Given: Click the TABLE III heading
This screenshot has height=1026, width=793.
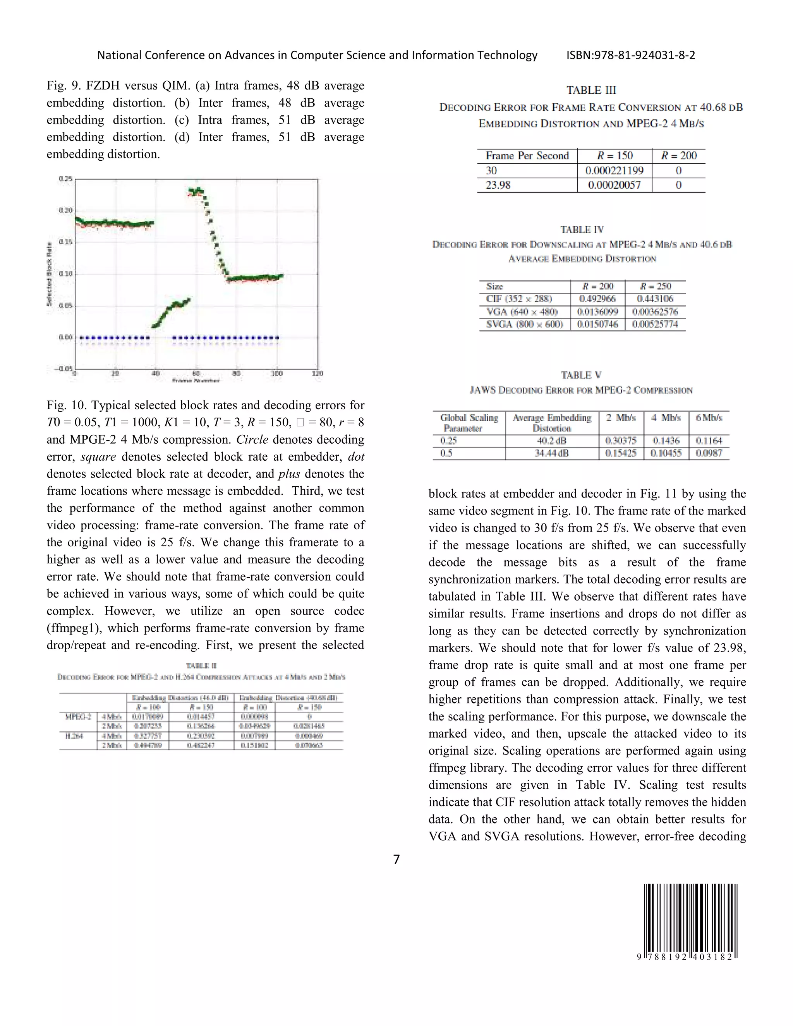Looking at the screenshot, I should point(591,90).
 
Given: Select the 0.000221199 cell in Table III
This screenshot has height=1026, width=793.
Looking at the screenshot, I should point(614,170).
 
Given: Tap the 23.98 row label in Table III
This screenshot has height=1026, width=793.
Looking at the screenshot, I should point(498,185).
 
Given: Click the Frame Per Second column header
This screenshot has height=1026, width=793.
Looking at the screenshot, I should point(527,156).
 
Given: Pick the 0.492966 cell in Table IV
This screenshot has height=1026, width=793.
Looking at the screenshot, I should point(597,299).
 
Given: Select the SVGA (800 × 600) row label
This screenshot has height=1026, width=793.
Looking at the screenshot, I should point(524,324).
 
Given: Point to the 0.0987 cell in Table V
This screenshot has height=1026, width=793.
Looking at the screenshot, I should point(709,453).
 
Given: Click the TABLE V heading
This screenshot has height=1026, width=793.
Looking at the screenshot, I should point(581,375).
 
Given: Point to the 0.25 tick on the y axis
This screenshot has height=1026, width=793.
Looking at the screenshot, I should point(66,179).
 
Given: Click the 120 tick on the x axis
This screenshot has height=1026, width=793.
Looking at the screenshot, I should point(318,374).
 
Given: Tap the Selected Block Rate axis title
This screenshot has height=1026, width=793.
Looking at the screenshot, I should point(49,274).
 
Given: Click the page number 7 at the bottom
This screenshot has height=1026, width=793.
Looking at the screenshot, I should point(396,859).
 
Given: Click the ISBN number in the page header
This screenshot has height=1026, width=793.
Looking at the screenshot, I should point(630,55).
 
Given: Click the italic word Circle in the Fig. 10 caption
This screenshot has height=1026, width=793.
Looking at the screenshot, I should point(252,440).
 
